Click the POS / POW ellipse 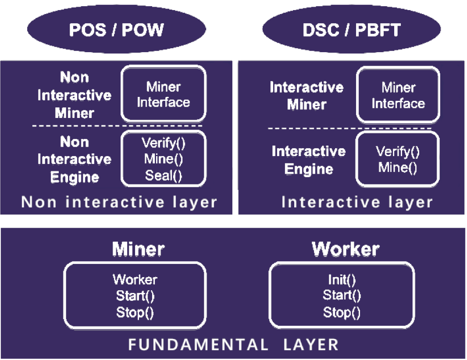point(116,30)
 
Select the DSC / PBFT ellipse point(351,30)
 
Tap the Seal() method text point(163,176)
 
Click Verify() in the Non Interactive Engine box point(163,143)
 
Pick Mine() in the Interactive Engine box point(398,168)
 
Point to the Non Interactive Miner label point(74,95)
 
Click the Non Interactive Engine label point(74,160)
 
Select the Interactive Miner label point(307,96)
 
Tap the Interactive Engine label point(309,160)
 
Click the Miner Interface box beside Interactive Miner point(398,95)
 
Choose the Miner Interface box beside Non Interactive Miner point(163,94)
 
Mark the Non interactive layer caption point(119,202)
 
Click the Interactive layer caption point(357,202)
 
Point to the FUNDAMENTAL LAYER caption point(233,345)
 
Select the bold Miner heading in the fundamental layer point(138,249)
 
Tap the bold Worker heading point(345,249)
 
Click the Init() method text point(342,279)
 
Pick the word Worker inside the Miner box point(135,279)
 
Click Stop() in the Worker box point(342,313)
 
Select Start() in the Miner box point(135,296)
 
